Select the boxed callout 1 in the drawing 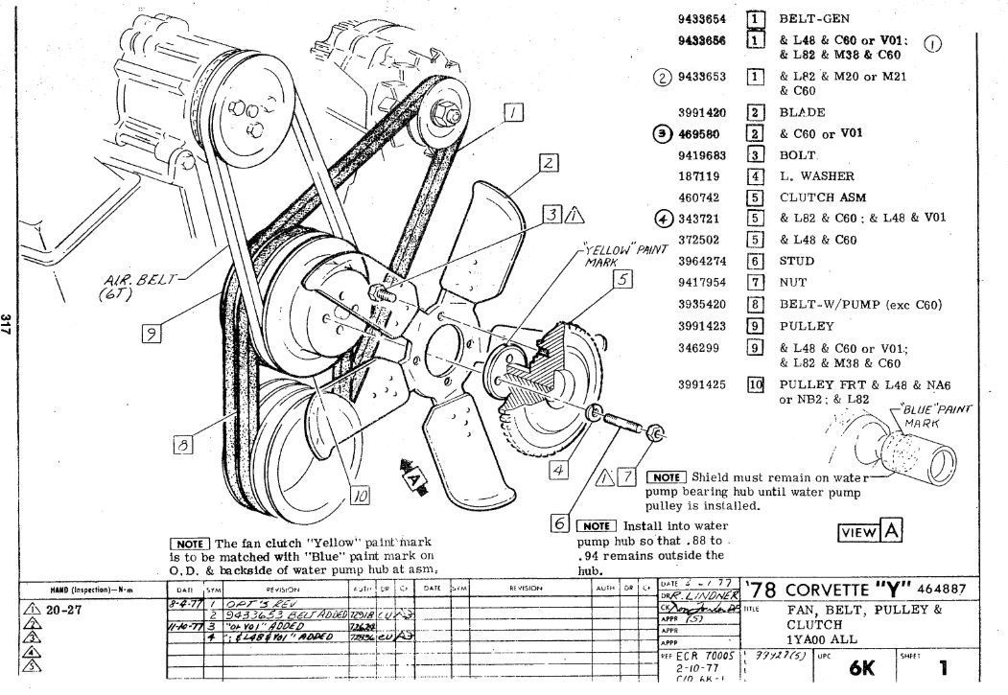point(514,113)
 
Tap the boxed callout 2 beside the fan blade point(549,162)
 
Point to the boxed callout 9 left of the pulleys point(150,333)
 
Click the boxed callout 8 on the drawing point(183,443)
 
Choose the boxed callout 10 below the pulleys point(360,496)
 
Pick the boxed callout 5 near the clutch point(622,279)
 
